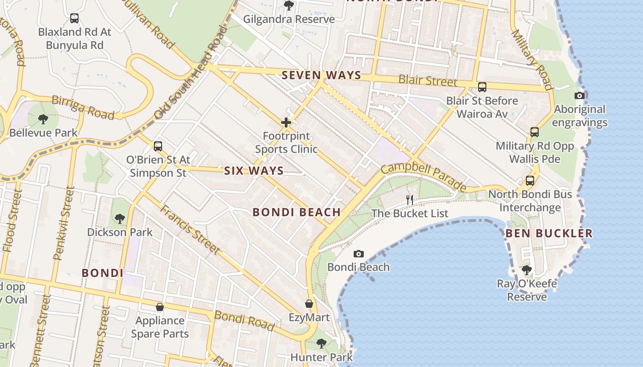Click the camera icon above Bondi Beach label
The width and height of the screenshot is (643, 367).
coord(359,254)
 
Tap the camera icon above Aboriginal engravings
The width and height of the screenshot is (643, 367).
coord(580,95)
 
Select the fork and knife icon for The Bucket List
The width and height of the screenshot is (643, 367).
coord(410,200)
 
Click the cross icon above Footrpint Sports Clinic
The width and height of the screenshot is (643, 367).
coord(286,122)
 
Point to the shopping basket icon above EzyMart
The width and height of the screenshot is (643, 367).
coord(310,304)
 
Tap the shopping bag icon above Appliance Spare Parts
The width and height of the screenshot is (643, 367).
coord(160,306)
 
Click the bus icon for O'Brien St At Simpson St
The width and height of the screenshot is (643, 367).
coord(158,146)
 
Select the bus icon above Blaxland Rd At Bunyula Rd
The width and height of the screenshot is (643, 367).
coord(74,18)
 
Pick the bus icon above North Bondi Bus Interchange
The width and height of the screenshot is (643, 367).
coord(530,181)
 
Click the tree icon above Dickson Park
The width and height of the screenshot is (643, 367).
coord(120,218)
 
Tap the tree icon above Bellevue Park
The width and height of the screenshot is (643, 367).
coord(43,119)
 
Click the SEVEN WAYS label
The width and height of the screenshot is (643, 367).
coord(321,75)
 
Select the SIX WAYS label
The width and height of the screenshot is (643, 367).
coord(254,171)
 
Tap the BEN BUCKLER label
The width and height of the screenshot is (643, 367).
coord(549,233)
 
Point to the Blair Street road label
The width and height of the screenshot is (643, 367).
coord(428,81)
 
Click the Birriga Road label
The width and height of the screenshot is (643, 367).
coord(83,107)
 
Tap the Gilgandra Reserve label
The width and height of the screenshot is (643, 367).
coord(289,19)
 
